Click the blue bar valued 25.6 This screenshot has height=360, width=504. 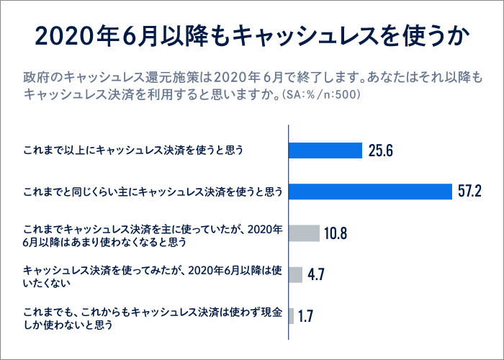[325, 150]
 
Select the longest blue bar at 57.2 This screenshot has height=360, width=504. [369, 191]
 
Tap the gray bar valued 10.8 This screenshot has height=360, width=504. [303, 233]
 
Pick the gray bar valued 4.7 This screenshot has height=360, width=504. [295, 274]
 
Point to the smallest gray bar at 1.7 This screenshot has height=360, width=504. [291, 316]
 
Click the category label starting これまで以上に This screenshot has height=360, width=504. [133, 150]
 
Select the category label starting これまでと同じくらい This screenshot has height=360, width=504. [152, 192]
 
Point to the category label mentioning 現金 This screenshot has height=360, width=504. [151, 317]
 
